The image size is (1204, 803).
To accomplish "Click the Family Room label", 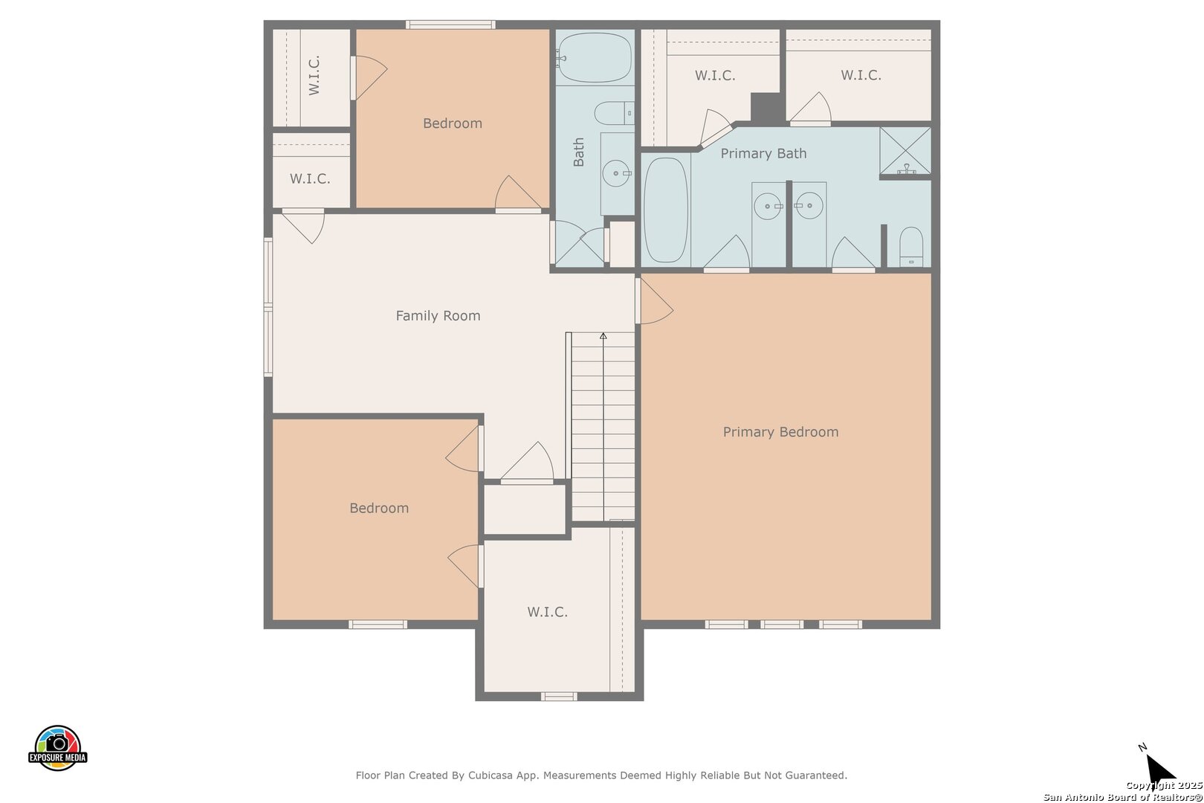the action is tap(438, 316).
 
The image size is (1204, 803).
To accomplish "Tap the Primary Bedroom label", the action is tap(780, 432).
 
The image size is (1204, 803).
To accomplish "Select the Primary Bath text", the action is tap(763, 153).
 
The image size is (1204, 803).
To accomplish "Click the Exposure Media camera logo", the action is tap(57, 747).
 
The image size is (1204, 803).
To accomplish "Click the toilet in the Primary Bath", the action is tap(911, 246).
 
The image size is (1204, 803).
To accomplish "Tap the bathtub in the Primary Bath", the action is tap(665, 210).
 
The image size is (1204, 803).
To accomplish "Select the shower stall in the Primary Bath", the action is tap(905, 151).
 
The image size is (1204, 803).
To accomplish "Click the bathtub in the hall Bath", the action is tap(595, 57).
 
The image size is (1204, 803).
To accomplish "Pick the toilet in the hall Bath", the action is tap(614, 113).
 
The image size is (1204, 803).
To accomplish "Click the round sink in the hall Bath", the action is tap(616, 173).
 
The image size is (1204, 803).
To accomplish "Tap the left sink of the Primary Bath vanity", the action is tap(768, 206).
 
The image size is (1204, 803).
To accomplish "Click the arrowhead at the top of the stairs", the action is tap(603, 336).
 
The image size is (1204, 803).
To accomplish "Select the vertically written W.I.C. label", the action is tap(314, 75).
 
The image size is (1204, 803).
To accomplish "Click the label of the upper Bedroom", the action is tap(453, 123).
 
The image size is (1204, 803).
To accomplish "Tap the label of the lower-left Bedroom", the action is tap(379, 508).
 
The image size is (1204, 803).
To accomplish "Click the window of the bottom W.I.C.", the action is tap(558, 697).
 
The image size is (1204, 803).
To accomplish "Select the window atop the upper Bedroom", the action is tap(450, 25).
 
